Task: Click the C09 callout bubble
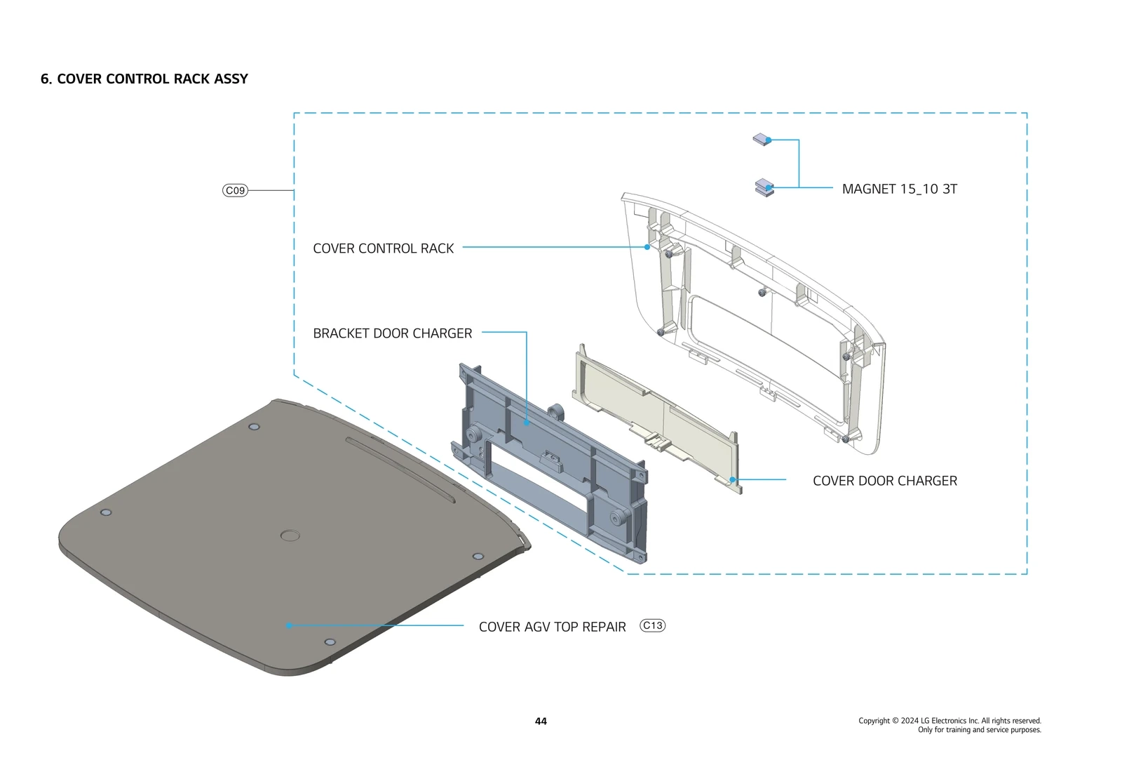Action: pos(235,190)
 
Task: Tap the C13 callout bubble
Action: pos(652,625)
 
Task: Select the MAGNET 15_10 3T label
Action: pos(899,189)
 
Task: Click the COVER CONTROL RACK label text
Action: pos(383,248)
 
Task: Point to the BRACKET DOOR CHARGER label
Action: pos(392,333)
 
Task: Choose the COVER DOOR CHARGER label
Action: pos(884,481)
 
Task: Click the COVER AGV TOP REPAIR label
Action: pos(552,627)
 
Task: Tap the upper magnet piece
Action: pos(762,140)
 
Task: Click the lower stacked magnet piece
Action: pos(764,188)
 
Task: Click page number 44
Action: pos(541,721)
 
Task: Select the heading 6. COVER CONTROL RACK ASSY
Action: pos(144,79)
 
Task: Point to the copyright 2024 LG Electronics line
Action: pos(949,720)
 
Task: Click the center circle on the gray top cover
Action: pos(290,536)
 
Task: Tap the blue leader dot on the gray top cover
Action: pos(289,625)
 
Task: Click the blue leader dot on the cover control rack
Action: pos(647,247)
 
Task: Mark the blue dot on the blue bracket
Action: pos(527,423)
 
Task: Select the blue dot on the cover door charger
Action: pos(732,479)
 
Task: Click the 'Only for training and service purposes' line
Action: pos(979,730)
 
